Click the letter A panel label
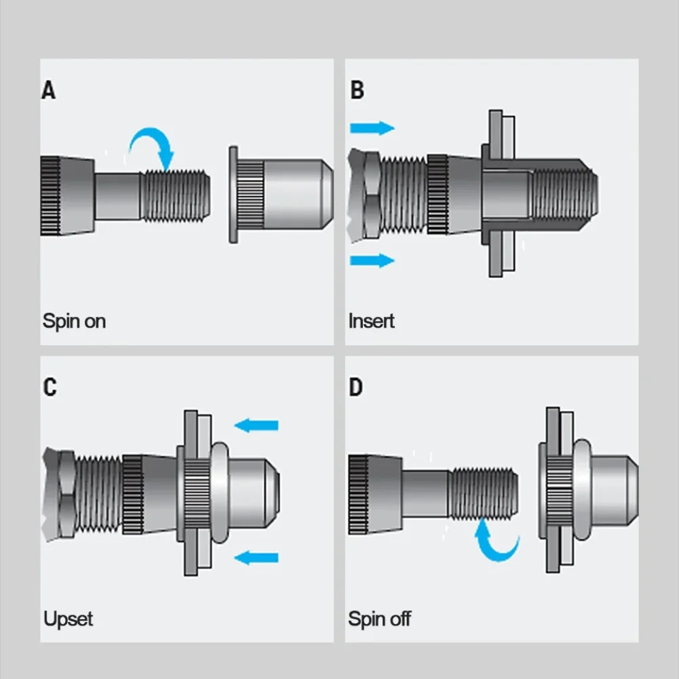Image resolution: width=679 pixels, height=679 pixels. point(49,90)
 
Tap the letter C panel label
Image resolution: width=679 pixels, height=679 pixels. point(50,387)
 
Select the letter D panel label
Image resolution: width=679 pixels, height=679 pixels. point(356,387)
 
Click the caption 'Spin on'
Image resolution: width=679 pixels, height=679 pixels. point(74,320)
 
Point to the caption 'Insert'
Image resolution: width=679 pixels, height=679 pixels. point(371,320)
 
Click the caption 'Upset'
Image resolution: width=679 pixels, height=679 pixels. point(68,619)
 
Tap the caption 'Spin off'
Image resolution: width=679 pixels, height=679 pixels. point(379,619)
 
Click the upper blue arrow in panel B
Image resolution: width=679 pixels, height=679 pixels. point(372,128)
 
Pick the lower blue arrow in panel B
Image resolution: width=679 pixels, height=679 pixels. point(372,260)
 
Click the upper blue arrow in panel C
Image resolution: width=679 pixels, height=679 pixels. point(256,425)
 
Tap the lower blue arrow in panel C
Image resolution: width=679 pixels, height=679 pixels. point(256,558)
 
